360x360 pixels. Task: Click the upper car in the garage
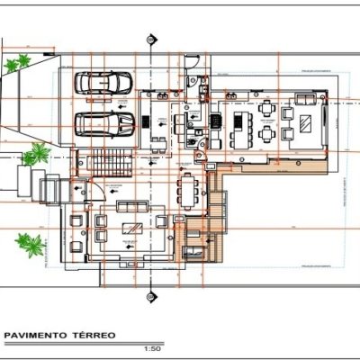tap(103, 83)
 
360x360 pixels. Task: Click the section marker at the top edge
tap(150, 40)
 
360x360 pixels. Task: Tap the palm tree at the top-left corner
tap(17, 64)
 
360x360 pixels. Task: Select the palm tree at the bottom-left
tap(30, 243)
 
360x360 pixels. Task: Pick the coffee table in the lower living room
tap(131, 225)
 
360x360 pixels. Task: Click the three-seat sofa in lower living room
tap(131, 206)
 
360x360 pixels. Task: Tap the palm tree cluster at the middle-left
tap(34, 156)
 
